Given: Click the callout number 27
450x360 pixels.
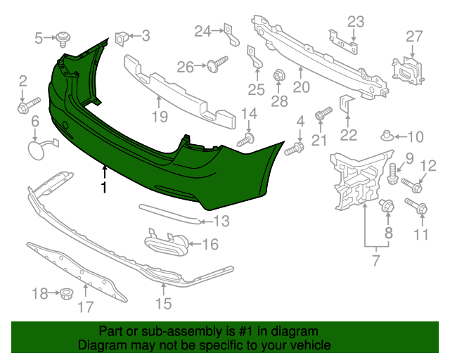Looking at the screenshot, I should pyautogui.click(x=414, y=36).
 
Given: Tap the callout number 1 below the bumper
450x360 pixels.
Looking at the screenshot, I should pyautogui.click(x=104, y=188).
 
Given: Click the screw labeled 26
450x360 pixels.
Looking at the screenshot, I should pyautogui.click(x=214, y=65).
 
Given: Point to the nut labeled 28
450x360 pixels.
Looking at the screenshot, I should pyautogui.click(x=278, y=75).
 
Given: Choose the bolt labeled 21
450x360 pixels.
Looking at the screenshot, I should pyautogui.click(x=323, y=114).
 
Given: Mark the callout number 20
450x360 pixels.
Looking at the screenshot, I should pyautogui.click(x=301, y=88).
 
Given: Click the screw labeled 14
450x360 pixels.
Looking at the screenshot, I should pyautogui.click(x=246, y=140).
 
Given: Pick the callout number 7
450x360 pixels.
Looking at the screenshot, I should pyautogui.click(x=375, y=262).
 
